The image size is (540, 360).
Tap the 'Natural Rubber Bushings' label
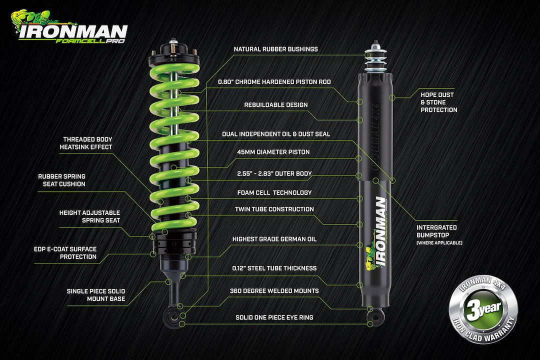275,49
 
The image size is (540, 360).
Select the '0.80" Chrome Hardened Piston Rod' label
274,82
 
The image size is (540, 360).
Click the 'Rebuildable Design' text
275,105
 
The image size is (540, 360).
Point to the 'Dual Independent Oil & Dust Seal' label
276,134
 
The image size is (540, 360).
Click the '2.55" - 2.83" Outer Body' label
274,174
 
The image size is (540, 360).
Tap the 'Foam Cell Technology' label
274,192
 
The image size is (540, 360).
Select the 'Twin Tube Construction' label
274,209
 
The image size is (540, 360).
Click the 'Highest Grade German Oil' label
274,239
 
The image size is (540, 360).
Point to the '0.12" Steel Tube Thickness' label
274,268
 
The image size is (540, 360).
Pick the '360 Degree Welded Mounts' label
274,290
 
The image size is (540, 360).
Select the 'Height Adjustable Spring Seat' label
89,216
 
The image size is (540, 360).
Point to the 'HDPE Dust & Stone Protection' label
438,102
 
